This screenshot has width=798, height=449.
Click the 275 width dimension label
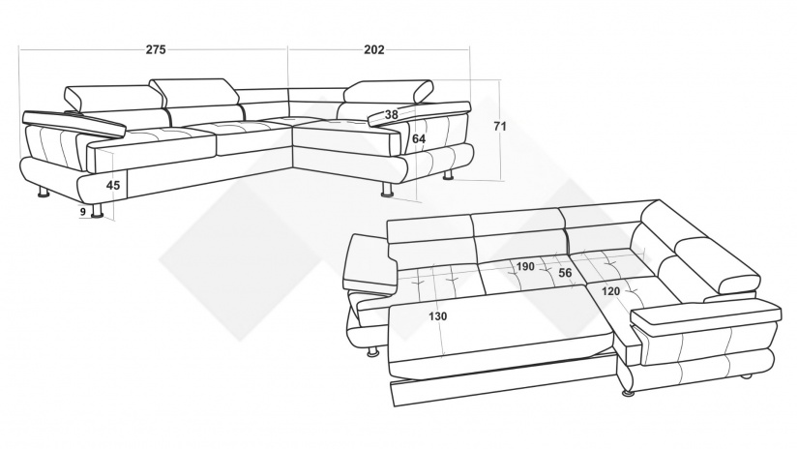(156, 49)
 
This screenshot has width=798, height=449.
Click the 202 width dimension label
(374, 49)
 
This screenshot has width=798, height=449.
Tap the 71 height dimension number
(500, 126)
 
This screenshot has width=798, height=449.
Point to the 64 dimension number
(419, 138)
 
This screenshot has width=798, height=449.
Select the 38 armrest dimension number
(392, 114)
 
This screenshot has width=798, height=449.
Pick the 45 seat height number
(113, 185)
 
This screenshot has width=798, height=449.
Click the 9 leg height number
(83, 212)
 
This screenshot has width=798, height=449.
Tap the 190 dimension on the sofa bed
(525, 266)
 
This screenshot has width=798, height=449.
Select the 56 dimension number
(565, 273)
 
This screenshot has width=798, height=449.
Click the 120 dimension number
(610, 291)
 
